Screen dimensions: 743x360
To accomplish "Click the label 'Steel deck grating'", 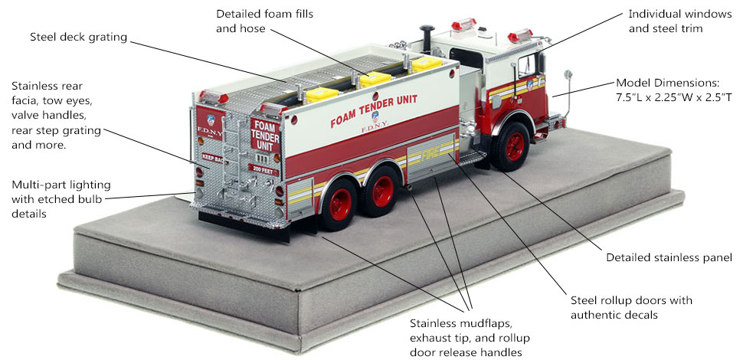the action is tap(79, 37).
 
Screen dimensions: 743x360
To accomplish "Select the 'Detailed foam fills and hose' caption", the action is tap(264, 21).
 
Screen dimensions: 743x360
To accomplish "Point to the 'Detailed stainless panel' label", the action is tap(669, 257).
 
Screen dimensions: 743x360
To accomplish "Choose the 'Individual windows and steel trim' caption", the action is tap(680, 21).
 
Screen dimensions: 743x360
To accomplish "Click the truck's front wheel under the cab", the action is tap(510, 146).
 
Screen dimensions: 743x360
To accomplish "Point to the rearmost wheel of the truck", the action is tap(339, 205).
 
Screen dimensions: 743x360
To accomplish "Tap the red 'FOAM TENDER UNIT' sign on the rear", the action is tap(265, 135).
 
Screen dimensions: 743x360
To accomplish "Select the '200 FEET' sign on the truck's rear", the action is tap(263, 169).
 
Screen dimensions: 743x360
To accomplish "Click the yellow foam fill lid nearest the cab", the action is tap(426, 64).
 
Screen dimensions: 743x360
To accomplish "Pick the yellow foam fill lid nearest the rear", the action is tap(322, 94).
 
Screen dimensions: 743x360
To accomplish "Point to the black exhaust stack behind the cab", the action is tap(427, 38).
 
